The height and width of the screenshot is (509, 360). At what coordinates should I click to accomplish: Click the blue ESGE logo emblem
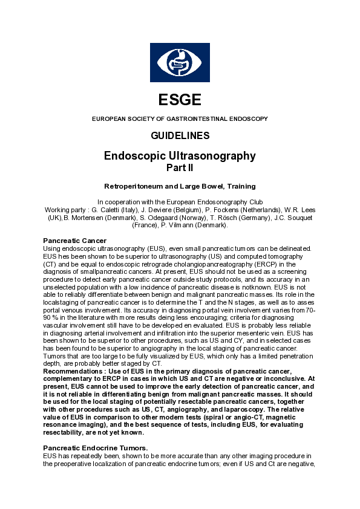pyautogui.click(x=180, y=62)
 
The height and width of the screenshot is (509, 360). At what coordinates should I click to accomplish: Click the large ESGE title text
pyautogui.click(x=180, y=100)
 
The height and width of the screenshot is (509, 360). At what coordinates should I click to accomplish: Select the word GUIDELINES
pyautogui.click(x=180, y=135)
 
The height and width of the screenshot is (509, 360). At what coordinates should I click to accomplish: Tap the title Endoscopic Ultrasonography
pyautogui.click(x=180, y=156)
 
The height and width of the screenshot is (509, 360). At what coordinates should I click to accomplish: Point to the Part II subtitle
pyautogui.click(x=180, y=167)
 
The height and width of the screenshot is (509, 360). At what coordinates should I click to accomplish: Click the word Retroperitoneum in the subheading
pyautogui.click(x=134, y=186)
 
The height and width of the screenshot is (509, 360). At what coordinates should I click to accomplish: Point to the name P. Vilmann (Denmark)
pyautogui.click(x=192, y=225)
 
